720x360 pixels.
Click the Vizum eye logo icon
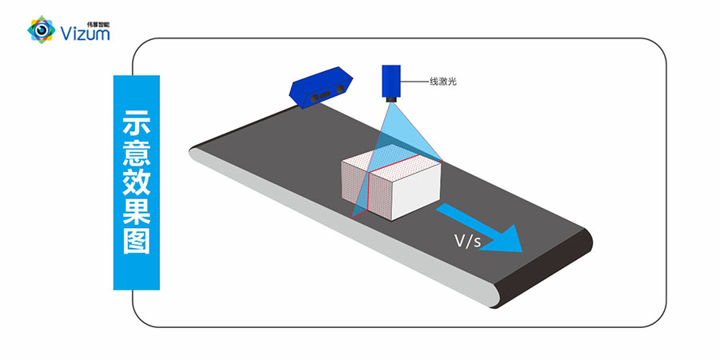pyautogui.click(x=40, y=30)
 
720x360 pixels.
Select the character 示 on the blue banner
pyautogui.click(x=137, y=126)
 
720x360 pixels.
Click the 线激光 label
pyautogui.click(x=442, y=81)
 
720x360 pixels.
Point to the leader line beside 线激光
pyautogui.click(x=415, y=81)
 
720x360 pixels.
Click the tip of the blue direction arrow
pyautogui.click(x=522, y=249)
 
